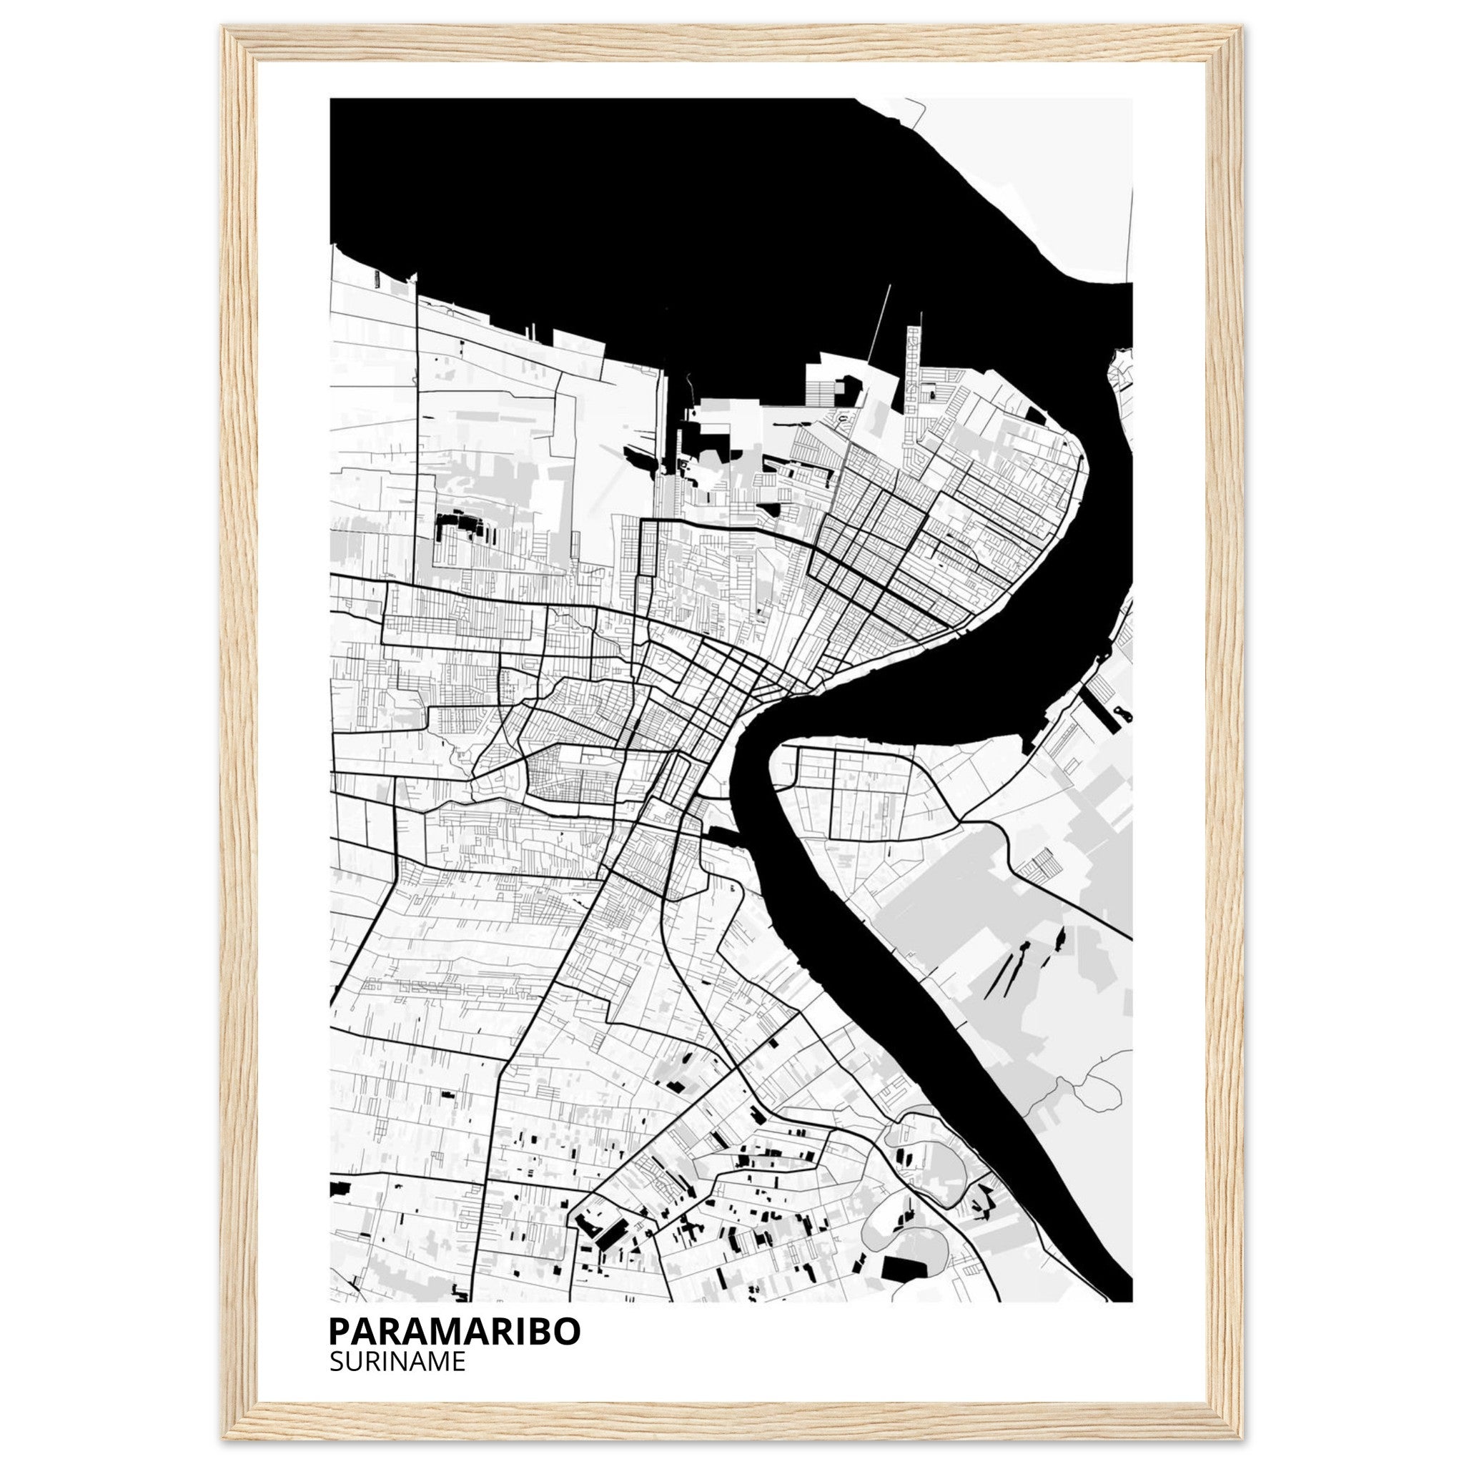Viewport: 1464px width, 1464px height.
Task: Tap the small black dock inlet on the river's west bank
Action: coord(723,836)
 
